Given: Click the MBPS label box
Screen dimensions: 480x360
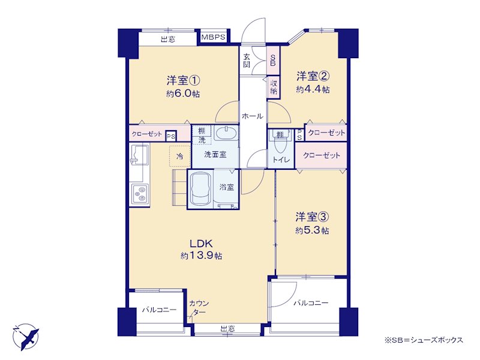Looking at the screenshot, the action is click(214, 37).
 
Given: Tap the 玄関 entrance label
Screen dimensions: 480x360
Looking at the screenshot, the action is click(247, 60).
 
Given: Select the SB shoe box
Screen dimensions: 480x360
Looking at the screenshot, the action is click(273, 61).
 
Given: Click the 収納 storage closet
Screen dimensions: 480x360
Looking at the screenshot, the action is click(274, 86).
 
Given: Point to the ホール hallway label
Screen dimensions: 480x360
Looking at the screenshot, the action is click(253, 116).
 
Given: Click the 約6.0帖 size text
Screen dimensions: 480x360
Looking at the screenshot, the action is click(183, 94).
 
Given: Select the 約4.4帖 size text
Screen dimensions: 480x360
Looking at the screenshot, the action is click(313, 89).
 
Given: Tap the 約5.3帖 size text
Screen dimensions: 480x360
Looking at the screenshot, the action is click(312, 230).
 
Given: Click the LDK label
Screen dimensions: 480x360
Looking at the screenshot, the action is click(201, 244).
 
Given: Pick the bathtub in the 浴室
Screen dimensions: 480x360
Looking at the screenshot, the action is click(201, 189).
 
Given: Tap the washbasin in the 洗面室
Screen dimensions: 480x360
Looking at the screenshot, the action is click(226, 133).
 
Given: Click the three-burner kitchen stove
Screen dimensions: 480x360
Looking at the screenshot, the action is click(140, 193).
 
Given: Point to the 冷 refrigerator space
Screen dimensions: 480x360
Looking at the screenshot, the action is click(180, 157).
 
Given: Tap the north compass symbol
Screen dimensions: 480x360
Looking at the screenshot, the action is click(26, 337).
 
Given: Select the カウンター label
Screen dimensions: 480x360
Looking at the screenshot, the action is click(199, 307).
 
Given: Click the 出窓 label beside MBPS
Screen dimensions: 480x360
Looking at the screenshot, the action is click(168, 39).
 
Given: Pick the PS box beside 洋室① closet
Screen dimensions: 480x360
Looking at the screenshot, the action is click(171, 136).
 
